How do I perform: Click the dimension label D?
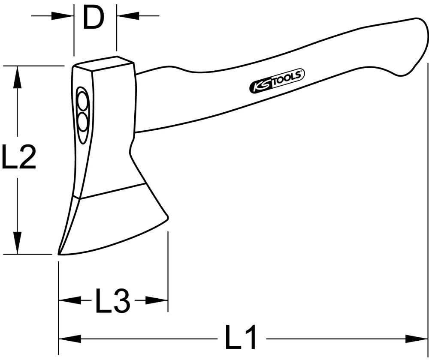click(94, 18)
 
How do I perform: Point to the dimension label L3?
click(112, 300)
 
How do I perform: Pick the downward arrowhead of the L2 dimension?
click(18, 243)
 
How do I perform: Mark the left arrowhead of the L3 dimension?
click(69, 300)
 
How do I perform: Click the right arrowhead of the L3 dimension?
click(157, 300)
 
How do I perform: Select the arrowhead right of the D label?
click(127, 16)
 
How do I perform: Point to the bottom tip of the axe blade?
click(60, 253)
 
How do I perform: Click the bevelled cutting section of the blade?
click(116, 223)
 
